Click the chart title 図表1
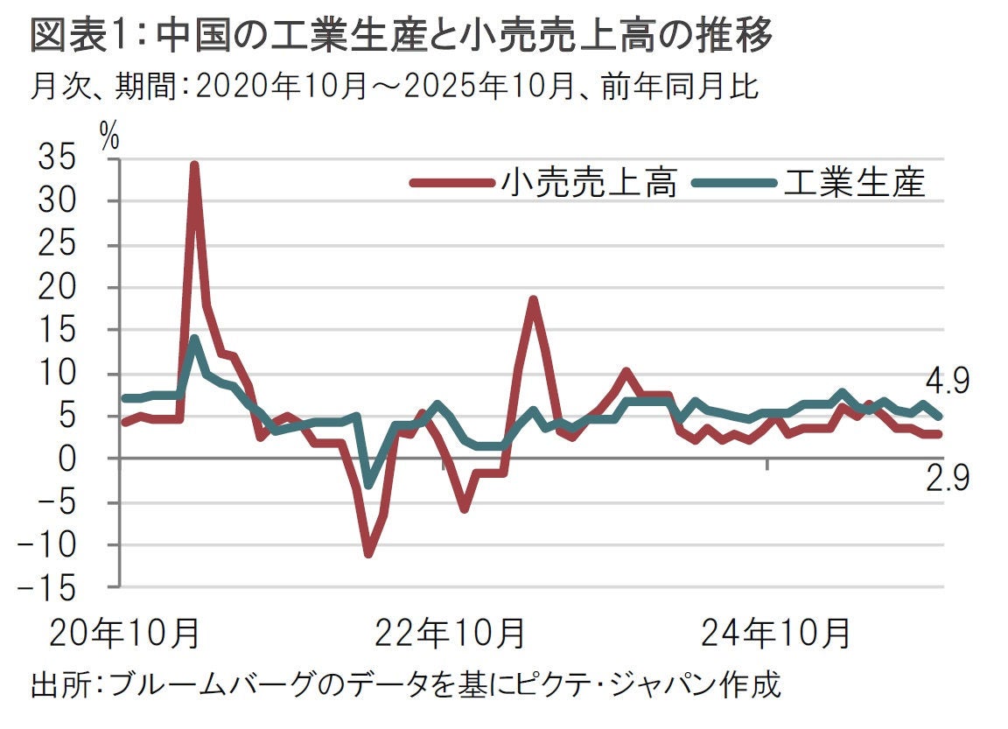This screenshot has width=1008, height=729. click(x=402, y=36)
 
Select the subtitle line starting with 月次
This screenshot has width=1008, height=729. click(x=393, y=88)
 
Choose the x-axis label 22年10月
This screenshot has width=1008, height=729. click(x=450, y=633)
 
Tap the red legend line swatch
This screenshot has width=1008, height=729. click(x=451, y=183)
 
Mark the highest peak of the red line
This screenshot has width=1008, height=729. click(x=194, y=165)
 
